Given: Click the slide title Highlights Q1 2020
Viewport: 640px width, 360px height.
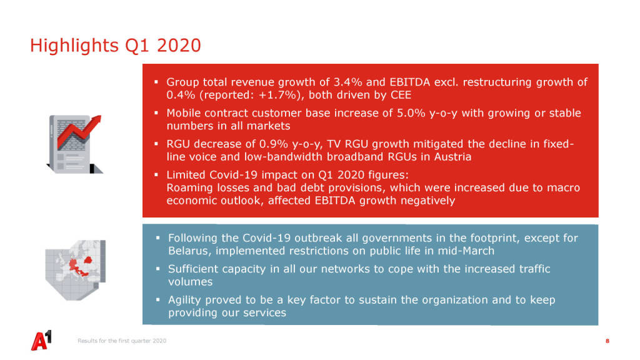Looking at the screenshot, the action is click(116, 46).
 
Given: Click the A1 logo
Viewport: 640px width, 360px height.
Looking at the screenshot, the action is click(42, 341).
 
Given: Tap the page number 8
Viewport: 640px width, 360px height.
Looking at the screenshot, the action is click(607, 341).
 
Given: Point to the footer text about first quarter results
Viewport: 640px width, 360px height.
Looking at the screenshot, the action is click(122, 341).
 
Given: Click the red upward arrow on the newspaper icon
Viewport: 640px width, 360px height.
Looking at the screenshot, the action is click(79, 131).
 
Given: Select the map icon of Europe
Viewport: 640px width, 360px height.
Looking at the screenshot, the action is click(76, 270).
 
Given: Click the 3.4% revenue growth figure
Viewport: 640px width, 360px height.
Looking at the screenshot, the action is click(347, 82).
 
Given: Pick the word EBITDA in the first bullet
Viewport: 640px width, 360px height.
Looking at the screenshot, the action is click(410, 82).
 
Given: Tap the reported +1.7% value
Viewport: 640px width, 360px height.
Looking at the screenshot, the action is click(278, 95).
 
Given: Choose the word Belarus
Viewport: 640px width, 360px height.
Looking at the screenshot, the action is click(190, 251).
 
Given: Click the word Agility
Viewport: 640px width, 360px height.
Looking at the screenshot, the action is click(184, 300).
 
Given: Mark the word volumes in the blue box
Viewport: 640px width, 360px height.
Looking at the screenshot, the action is click(190, 282).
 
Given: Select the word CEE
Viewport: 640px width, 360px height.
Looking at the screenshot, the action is click(401, 95).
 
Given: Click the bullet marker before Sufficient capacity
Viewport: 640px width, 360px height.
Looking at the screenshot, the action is click(157, 269).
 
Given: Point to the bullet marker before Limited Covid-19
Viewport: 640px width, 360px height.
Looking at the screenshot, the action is click(156, 175).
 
